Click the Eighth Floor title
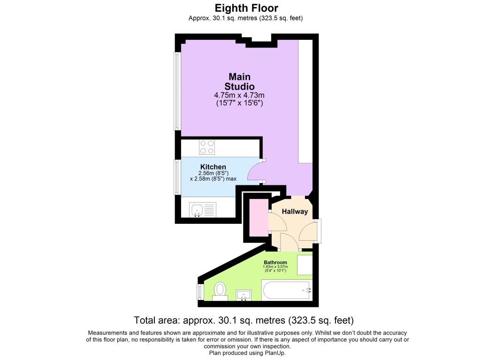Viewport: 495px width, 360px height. coord(246,8)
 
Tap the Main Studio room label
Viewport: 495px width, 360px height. coord(239,82)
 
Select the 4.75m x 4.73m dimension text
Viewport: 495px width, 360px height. coord(239,95)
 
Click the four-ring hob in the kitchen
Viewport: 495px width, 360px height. coord(207,147)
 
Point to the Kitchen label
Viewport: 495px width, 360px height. coord(213,167)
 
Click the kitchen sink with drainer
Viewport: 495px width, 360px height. coord(203,210)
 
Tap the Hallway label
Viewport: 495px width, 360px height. coord(295,212)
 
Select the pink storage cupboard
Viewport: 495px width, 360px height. coord(259,217)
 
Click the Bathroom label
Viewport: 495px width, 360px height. coord(275,262)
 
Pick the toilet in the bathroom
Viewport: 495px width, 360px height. coord(220,291)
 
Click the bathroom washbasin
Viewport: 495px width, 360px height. coord(244,295)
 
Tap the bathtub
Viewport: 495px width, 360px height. coord(287,290)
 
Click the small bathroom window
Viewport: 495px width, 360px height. coord(199,292)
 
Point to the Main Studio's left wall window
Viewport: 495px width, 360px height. coord(177,91)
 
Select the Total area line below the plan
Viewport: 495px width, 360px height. coord(244,320)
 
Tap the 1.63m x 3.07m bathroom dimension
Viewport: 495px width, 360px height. coord(275,267)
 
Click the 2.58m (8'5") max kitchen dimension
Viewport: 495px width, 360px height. coord(213,179)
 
